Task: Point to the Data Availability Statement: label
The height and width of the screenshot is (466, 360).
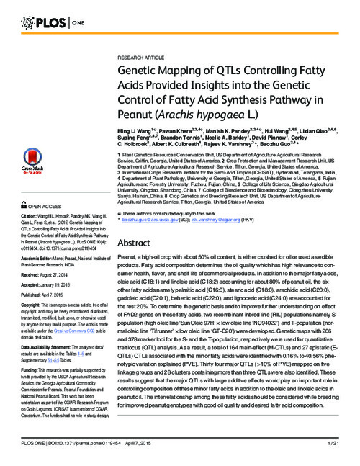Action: coord(50,345)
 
